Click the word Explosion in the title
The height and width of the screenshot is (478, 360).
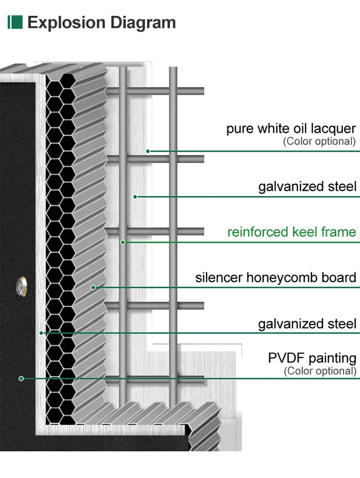tap(66, 22)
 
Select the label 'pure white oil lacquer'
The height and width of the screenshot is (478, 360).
tap(291, 129)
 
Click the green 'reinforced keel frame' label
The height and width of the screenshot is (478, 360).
tap(291, 232)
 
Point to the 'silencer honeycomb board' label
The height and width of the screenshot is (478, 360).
tap(276, 277)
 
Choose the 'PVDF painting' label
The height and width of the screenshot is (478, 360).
tap(312, 358)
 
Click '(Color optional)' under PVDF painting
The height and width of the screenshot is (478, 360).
tap(320, 370)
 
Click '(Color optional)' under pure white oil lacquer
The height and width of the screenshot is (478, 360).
tap(319, 141)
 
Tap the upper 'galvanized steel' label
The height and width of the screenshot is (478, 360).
tap(307, 187)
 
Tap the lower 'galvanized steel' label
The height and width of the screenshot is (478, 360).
tap(307, 323)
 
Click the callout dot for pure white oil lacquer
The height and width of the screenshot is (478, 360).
tap(148, 151)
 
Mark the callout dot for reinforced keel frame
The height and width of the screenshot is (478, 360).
tap(123, 242)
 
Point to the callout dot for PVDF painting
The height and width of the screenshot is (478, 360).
tap(21, 379)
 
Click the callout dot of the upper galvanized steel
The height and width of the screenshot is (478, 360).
tap(135, 196)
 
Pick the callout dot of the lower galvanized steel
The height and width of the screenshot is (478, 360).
tap(42, 333)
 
